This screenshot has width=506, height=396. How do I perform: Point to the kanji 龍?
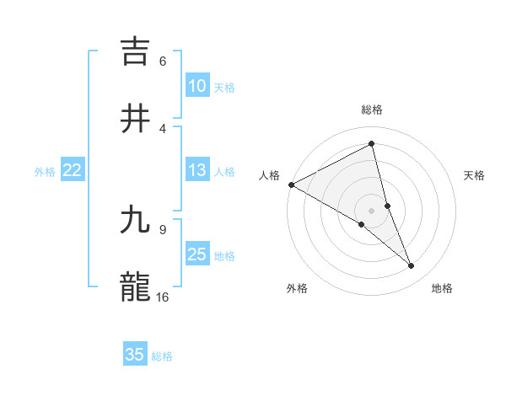(136, 286)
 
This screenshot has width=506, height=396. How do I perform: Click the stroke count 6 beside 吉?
(163, 61)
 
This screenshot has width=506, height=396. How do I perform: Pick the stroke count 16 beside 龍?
(163, 297)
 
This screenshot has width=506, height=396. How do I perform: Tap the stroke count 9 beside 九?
(163, 229)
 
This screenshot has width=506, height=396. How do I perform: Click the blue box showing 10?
(196, 86)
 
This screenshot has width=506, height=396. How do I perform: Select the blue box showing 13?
(196, 170)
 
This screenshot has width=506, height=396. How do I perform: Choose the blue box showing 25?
(196, 254)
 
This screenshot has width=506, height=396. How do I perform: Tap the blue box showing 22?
(72, 170)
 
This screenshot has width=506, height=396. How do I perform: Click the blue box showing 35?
(135, 355)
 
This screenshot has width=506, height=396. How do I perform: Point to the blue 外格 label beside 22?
(45, 171)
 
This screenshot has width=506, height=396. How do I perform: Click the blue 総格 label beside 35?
(162, 356)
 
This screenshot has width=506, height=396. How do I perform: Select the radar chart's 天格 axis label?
(474, 175)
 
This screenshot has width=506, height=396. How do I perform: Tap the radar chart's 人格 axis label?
(269, 175)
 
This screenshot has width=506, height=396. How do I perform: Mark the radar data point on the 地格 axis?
(412, 266)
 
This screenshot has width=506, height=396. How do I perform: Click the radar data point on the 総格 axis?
(372, 144)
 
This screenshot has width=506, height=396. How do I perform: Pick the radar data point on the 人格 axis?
(291, 185)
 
